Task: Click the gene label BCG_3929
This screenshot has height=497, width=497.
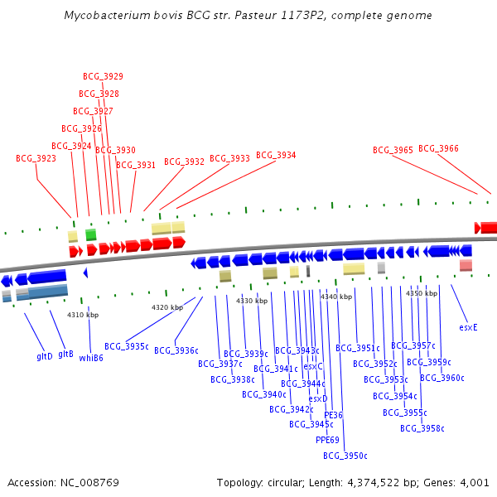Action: (103, 76)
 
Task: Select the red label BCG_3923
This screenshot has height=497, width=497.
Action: (36, 158)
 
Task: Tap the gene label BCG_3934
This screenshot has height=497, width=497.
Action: (276, 155)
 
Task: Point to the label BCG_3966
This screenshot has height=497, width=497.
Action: (438, 148)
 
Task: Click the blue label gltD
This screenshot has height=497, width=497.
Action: (45, 356)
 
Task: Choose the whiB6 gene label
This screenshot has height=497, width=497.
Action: (91, 358)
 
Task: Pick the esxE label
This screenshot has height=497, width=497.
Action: (468, 327)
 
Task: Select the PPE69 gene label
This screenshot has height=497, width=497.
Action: (327, 440)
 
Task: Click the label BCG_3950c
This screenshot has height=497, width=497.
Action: (345, 456)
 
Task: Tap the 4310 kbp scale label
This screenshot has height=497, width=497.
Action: (83, 315)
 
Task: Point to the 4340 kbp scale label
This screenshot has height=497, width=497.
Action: (336, 297)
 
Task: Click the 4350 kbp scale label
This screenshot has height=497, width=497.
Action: (422, 293)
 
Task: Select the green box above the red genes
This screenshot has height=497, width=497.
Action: (91, 234)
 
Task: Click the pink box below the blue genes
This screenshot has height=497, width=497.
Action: (466, 265)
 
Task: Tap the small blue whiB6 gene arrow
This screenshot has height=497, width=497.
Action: (85, 273)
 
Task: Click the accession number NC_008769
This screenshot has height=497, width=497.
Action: (89, 483)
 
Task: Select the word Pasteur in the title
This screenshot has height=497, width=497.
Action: (255, 15)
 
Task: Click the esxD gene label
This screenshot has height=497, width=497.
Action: (318, 398)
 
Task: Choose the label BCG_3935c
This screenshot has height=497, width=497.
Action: (127, 346)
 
